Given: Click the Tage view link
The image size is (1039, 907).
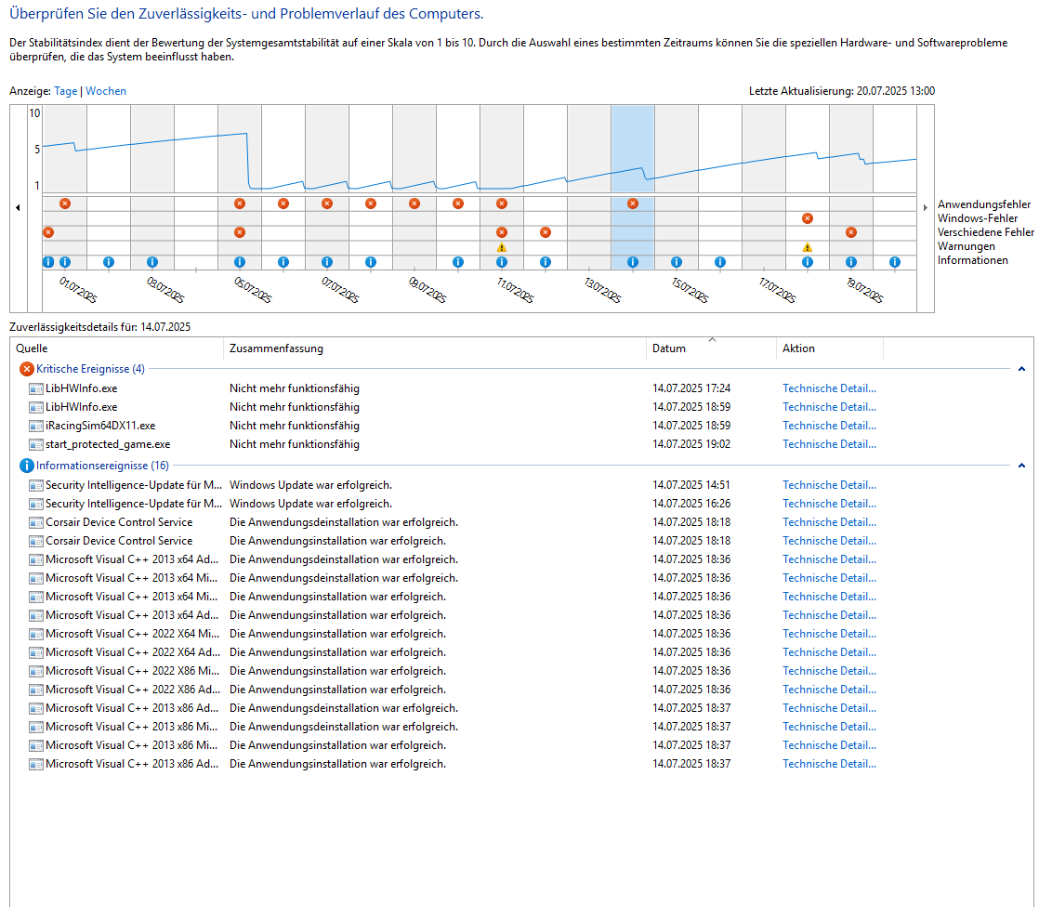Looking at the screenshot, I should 66,91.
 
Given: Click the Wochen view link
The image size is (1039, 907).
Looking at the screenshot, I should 106,91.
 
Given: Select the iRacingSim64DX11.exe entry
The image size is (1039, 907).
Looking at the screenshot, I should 100,426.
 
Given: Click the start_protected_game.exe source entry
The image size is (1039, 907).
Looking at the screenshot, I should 108,444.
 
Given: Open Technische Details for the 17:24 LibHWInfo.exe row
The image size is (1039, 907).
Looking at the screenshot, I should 829,388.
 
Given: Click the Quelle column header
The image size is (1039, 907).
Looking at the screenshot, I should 32,348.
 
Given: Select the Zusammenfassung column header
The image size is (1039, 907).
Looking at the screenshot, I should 276,348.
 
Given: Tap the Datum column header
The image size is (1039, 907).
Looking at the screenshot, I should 669,348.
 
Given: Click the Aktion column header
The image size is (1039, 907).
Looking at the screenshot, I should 798,348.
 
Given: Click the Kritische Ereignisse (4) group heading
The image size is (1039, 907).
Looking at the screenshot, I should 90,369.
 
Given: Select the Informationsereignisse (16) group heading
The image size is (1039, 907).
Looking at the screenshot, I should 102,466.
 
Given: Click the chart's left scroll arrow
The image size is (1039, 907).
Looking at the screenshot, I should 18,208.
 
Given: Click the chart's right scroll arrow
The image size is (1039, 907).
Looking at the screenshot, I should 926,208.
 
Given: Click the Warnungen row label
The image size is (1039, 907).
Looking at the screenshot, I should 967,246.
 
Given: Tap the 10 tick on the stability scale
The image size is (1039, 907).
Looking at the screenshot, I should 35,113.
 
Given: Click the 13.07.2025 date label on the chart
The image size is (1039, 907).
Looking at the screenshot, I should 602,290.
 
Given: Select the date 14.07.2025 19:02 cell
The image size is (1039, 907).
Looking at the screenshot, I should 691,444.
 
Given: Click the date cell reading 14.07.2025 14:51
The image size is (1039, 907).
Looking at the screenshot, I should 691,485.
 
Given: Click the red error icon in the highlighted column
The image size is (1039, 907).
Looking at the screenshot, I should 633,204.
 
